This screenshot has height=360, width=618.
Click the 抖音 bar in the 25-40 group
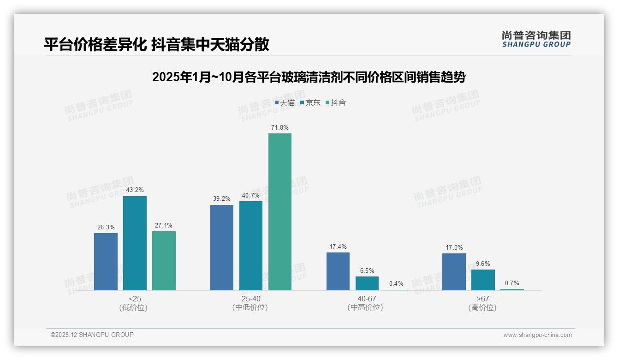pos(280,212)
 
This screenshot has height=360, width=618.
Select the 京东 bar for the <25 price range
pos(135,243)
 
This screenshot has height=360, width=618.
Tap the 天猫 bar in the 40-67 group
pos(338,271)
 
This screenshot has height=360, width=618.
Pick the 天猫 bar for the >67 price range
pos(454,272)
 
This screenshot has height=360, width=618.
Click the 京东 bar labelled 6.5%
pos(367,283)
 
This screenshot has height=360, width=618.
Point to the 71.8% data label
pos(280,127)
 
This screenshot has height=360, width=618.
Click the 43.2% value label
pos(135,190)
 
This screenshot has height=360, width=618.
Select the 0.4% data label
pos(396,283)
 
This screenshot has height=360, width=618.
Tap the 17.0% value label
pos(454,247)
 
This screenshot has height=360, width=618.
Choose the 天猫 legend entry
pos(285,103)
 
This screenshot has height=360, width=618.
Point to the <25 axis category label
pos(135,299)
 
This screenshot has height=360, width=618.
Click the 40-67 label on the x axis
pos(367,299)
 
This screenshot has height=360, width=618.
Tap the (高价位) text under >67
pos(482,307)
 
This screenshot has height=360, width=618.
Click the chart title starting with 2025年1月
pos(309,77)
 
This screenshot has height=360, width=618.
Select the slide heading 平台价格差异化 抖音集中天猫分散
pos(156,44)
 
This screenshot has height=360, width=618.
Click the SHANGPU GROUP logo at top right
pos(536,39)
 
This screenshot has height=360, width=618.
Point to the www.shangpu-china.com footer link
pos(537,335)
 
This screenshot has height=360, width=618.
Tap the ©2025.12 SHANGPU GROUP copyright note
pos(92,335)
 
